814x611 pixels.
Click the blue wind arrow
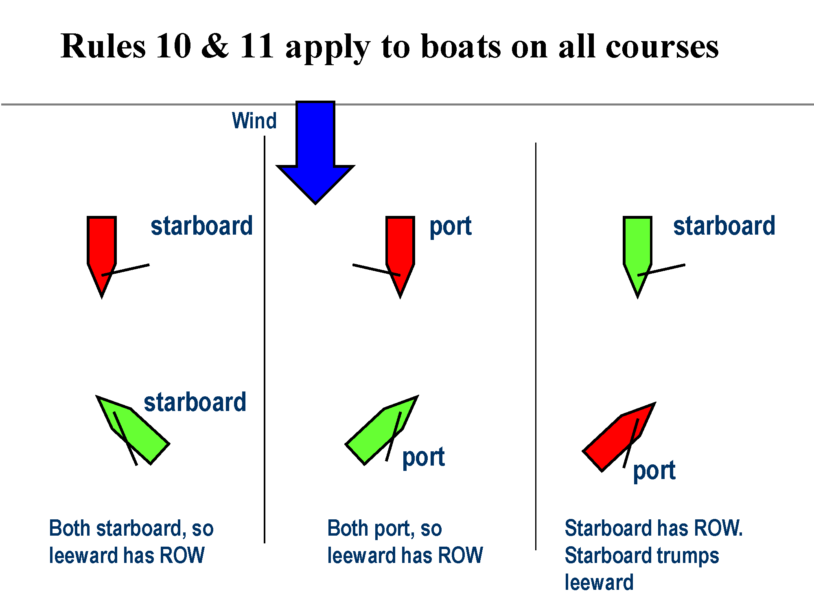point(315,151)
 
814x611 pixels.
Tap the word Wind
point(254,121)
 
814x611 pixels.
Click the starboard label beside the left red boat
point(201,226)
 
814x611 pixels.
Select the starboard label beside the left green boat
point(195,402)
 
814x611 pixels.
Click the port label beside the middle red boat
point(451,226)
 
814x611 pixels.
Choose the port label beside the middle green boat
point(423,457)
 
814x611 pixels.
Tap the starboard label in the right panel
point(724,226)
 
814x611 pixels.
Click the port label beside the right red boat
point(654,471)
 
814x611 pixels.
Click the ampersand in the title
point(215,46)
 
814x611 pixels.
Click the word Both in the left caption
point(69,528)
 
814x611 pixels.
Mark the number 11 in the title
point(257,46)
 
